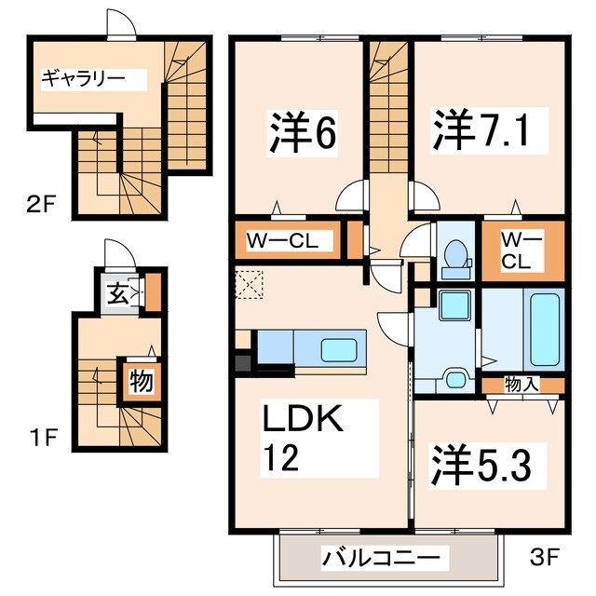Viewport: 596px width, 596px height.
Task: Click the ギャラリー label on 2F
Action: pyautogui.click(x=82, y=77)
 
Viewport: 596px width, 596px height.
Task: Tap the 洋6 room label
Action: pyautogui.click(x=303, y=133)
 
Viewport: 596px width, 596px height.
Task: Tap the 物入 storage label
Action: pyautogui.click(x=521, y=383)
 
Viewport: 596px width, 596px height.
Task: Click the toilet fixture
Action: pyautogui.click(x=456, y=256)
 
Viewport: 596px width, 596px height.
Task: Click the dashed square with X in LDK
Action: pyautogui.click(x=249, y=284)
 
